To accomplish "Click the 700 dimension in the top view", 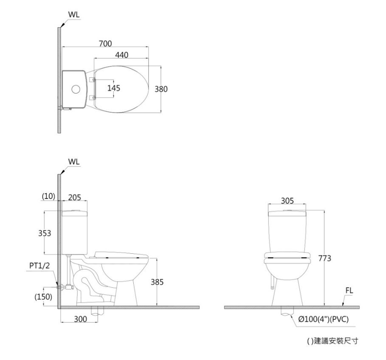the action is (105, 43).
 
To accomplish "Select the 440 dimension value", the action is (121, 55).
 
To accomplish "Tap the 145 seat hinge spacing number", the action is (114, 88).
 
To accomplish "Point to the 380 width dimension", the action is (161, 89).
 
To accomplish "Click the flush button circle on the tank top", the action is (76, 89).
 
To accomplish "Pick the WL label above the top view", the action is (74, 14).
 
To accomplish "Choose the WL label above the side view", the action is (74, 162).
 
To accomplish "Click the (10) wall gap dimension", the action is (48, 196).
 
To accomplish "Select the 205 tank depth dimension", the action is (74, 197).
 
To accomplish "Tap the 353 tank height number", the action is (45, 233).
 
